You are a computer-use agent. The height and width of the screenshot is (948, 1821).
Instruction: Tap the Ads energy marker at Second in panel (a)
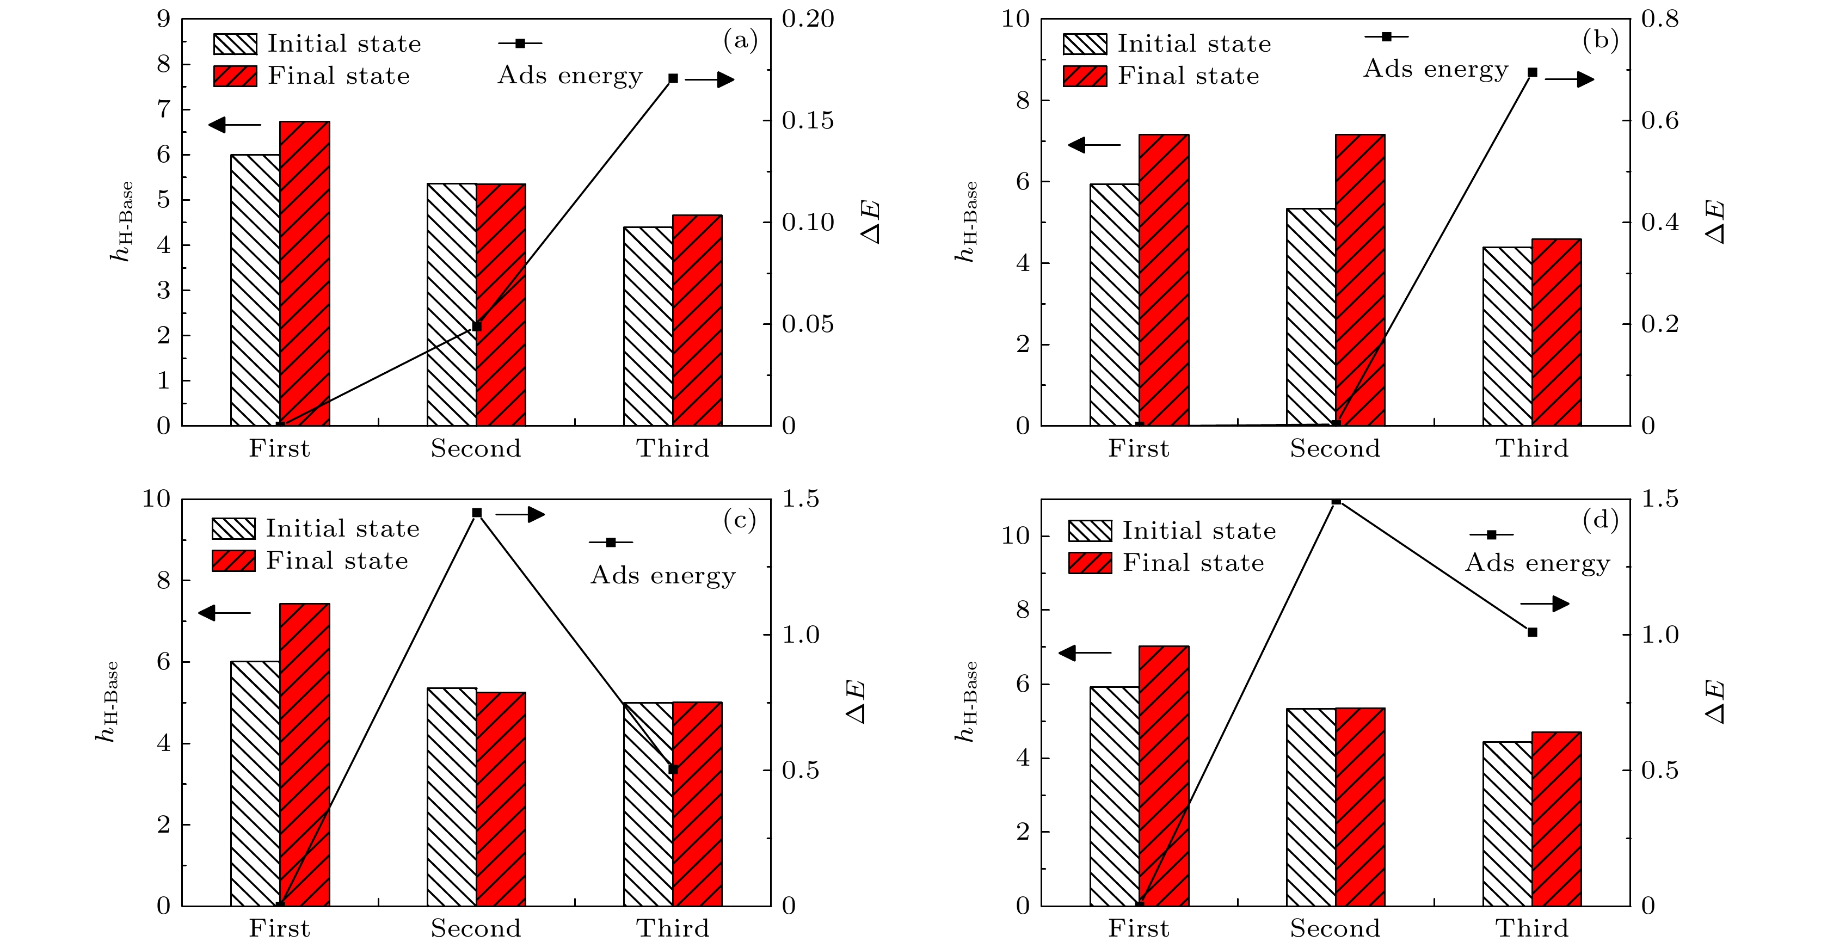(476, 327)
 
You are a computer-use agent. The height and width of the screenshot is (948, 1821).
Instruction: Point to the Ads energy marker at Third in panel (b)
(1533, 73)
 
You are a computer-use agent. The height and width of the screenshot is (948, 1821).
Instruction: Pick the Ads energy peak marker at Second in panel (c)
(476, 513)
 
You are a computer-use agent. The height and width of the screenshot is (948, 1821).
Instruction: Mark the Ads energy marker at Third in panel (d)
(1533, 632)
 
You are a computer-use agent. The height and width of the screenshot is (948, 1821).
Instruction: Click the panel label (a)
(740, 40)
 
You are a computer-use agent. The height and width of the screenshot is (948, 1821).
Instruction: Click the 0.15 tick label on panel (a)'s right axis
(807, 121)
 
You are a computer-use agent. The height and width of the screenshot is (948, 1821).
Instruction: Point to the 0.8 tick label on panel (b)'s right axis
(1659, 19)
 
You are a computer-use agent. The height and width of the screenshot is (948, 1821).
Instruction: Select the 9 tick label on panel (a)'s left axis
(163, 19)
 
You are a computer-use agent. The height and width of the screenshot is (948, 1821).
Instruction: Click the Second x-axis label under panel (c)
(476, 928)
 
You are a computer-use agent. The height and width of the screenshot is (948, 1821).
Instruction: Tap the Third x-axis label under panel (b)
(1532, 448)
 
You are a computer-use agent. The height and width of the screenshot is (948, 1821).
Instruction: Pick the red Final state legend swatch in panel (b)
(1085, 76)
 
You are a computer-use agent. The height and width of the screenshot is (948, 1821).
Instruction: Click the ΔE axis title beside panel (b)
(1717, 222)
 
